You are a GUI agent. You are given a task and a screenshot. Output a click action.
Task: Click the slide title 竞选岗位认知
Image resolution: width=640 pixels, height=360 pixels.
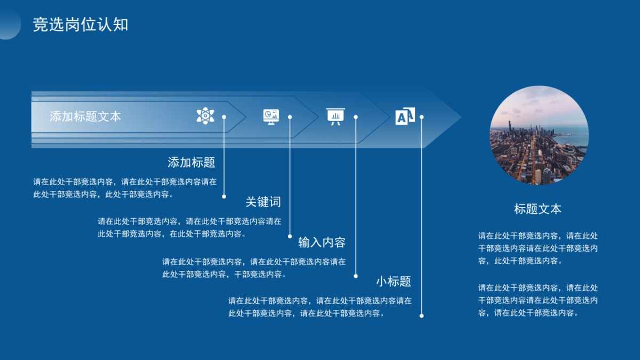81,25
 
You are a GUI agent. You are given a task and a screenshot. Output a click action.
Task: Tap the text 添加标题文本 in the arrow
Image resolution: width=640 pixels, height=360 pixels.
85,116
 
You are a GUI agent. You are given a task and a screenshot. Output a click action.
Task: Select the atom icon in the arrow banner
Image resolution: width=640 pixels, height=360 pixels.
205,115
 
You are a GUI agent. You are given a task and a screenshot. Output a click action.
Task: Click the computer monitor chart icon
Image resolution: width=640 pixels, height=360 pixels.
271,116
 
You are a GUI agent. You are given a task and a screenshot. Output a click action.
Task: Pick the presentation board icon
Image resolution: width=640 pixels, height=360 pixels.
335,116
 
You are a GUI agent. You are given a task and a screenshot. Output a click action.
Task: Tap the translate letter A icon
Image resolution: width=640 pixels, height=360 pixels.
405,116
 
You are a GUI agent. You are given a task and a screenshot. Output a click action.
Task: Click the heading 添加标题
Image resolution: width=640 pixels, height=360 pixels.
191,162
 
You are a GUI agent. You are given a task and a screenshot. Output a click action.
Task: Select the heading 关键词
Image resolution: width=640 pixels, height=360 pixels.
263,202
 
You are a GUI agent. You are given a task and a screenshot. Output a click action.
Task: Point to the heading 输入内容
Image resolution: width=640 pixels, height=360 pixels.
322,242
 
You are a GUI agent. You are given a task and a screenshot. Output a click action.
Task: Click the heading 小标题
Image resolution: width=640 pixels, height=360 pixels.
394,281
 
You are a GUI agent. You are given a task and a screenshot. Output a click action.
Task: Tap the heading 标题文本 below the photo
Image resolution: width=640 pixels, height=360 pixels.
538,209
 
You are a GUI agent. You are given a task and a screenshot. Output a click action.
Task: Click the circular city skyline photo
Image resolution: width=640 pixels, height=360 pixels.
539,135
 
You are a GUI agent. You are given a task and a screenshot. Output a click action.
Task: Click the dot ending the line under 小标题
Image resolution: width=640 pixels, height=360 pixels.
421,316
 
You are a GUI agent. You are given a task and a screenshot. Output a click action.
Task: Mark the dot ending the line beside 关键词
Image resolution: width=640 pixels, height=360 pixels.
290,236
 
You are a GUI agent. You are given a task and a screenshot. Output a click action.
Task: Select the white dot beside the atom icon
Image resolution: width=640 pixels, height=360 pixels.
224,117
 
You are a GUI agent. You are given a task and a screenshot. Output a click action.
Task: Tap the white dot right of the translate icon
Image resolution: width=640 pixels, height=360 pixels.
421,117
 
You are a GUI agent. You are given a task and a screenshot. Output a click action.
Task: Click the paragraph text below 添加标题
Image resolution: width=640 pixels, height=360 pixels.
125,188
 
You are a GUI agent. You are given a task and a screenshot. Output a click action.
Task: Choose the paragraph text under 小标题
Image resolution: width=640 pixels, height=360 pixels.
320,307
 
